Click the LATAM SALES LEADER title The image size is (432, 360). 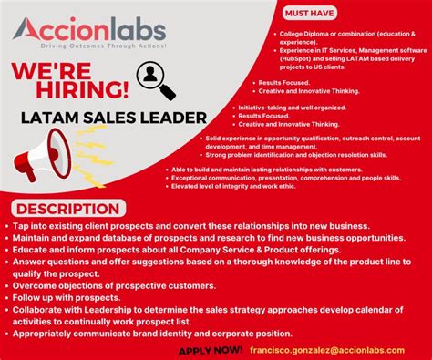click(108, 118)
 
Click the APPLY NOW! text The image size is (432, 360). click(211, 349)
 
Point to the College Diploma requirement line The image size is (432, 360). click(329, 36)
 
